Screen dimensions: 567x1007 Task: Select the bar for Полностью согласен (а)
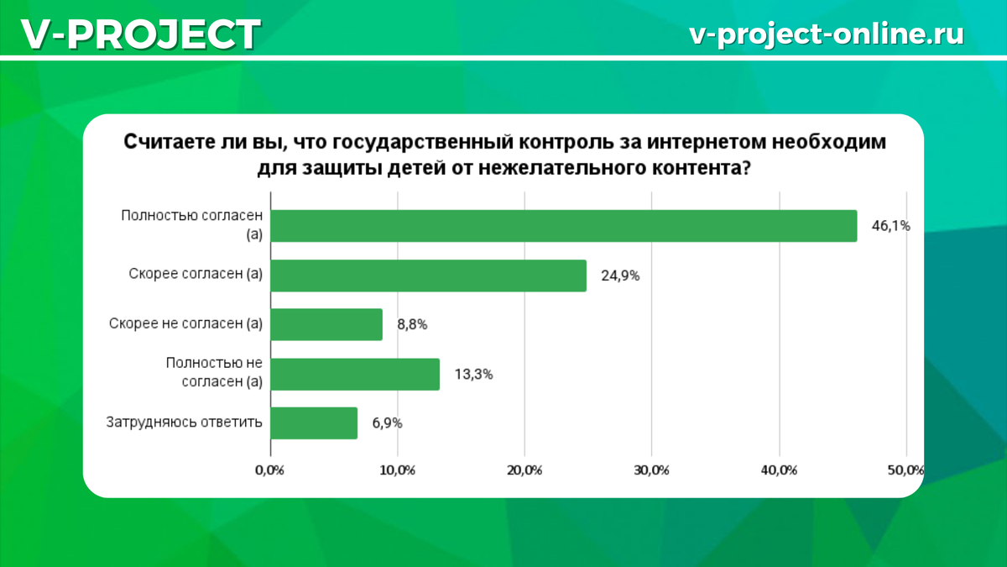563,226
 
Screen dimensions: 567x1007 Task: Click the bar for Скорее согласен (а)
428,276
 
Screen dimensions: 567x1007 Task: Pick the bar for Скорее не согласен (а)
326,324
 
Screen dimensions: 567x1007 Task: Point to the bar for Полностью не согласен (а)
354,374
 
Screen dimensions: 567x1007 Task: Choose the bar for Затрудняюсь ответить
314,423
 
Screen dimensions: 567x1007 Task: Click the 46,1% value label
890,226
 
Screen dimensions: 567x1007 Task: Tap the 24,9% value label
619,276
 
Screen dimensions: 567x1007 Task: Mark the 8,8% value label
412,324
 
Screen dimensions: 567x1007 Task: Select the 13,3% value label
473,375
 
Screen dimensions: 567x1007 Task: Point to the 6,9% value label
387,423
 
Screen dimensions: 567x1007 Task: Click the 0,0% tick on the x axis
270,470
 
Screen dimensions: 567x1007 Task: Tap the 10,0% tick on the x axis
398,470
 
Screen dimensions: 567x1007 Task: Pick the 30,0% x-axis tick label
652,470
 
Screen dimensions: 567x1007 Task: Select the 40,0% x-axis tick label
779,470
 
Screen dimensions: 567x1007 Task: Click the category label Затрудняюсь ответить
184,423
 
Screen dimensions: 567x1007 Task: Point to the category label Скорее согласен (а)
196,275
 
